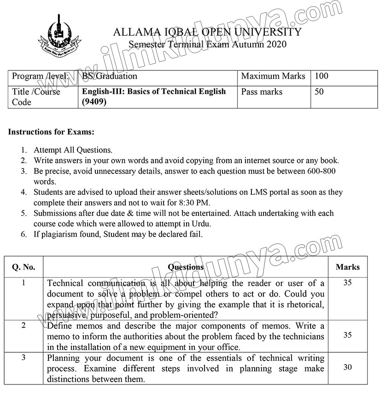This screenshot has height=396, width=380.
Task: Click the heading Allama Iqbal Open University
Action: pyautogui.click(x=207, y=32)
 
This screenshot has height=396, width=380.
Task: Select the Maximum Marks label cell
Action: pyautogui.click(x=273, y=76)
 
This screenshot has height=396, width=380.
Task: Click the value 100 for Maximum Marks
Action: pyautogui.click(x=322, y=76)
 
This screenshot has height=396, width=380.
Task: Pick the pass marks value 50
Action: pyautogui.click(x=319, y=92)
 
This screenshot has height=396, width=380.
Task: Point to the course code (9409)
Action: pyautogui.click(x=94, y=102)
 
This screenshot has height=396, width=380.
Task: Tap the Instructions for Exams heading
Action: pyautogui.click(x=51, y=132)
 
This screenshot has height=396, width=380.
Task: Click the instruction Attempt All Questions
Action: pyautogui.click(x=73, y=150)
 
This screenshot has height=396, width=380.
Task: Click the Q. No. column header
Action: pyautogui.click(x=23, y=267)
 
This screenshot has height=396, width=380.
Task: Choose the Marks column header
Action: pyautogui.click(x=348, y=267)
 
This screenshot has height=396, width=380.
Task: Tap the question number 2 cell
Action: pyautogui.click(x=23, y=326)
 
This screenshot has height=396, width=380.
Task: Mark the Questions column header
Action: pyautogui.click(x=186, y=267)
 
